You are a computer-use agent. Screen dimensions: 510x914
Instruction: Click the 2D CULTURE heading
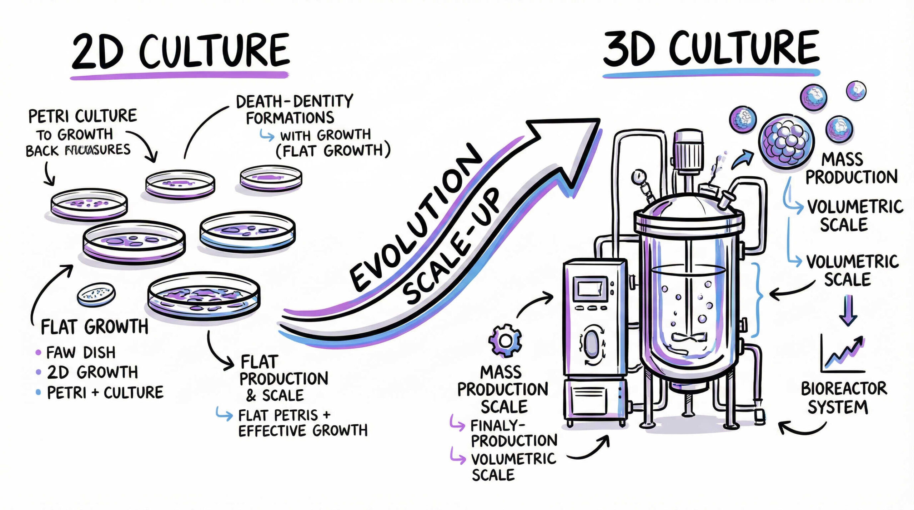coord(180,51)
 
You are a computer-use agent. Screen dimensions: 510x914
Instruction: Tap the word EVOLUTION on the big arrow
coord(416,218)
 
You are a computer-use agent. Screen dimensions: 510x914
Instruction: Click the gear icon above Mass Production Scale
coord(505,341)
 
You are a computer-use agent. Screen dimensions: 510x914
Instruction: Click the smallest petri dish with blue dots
coord(96,294)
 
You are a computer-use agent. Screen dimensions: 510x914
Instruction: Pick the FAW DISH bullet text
coord(81,353)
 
